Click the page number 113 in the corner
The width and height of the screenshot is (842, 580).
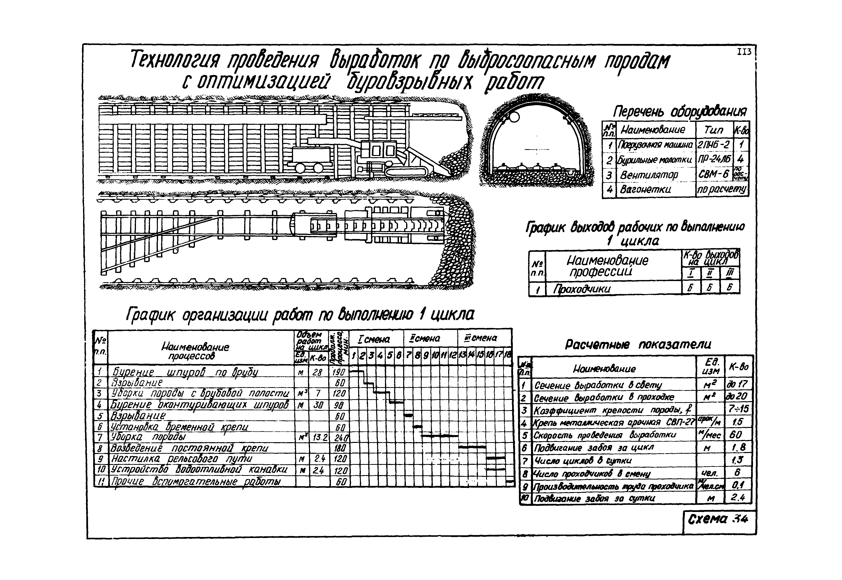pos(744,52)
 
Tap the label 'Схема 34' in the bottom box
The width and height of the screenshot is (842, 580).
pos(717,519)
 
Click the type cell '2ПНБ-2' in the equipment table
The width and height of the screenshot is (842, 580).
pos(713,145)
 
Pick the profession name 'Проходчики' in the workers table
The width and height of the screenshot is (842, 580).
pos(582,289)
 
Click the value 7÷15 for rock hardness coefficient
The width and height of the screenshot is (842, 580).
pos(738,409)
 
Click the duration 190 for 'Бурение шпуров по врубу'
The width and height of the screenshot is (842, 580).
pos(339,371)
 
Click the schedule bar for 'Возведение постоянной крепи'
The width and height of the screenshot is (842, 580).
pos(472,447)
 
